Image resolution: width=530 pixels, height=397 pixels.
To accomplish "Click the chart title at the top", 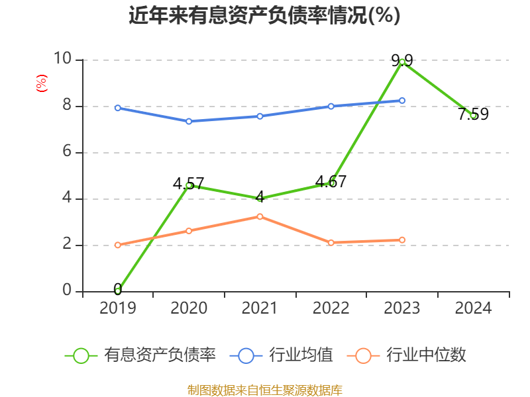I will point(264,15).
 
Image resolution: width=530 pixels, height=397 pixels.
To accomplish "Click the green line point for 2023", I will point(402,62).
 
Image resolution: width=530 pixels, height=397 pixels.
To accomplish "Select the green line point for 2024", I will point(473,116).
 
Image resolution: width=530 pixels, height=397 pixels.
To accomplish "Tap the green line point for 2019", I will point(118,290).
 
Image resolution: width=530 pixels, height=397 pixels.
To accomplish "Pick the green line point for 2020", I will point(189,185).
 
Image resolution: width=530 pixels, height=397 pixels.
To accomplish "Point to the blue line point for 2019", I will point(118,108).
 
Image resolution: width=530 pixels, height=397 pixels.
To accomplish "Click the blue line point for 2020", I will point(189,121).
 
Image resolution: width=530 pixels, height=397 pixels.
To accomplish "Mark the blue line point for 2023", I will point(402,101).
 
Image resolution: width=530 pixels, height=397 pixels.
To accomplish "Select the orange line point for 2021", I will point(260,216).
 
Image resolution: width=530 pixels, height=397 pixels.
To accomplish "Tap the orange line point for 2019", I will point(118,245).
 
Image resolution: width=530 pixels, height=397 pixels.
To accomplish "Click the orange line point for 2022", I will point(331,243).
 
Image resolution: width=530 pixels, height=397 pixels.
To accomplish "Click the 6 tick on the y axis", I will point(67,152).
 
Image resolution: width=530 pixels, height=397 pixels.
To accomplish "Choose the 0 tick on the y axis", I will point(67,291).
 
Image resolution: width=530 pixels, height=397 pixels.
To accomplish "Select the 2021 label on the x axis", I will point(260,308).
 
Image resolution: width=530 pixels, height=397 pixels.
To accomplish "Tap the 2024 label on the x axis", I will point(473,308).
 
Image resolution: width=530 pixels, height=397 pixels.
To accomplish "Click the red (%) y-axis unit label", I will point(41,83).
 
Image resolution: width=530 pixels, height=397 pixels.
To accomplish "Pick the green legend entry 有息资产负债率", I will point(140,355).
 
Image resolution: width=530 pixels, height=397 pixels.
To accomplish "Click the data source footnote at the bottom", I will point(264,390).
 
